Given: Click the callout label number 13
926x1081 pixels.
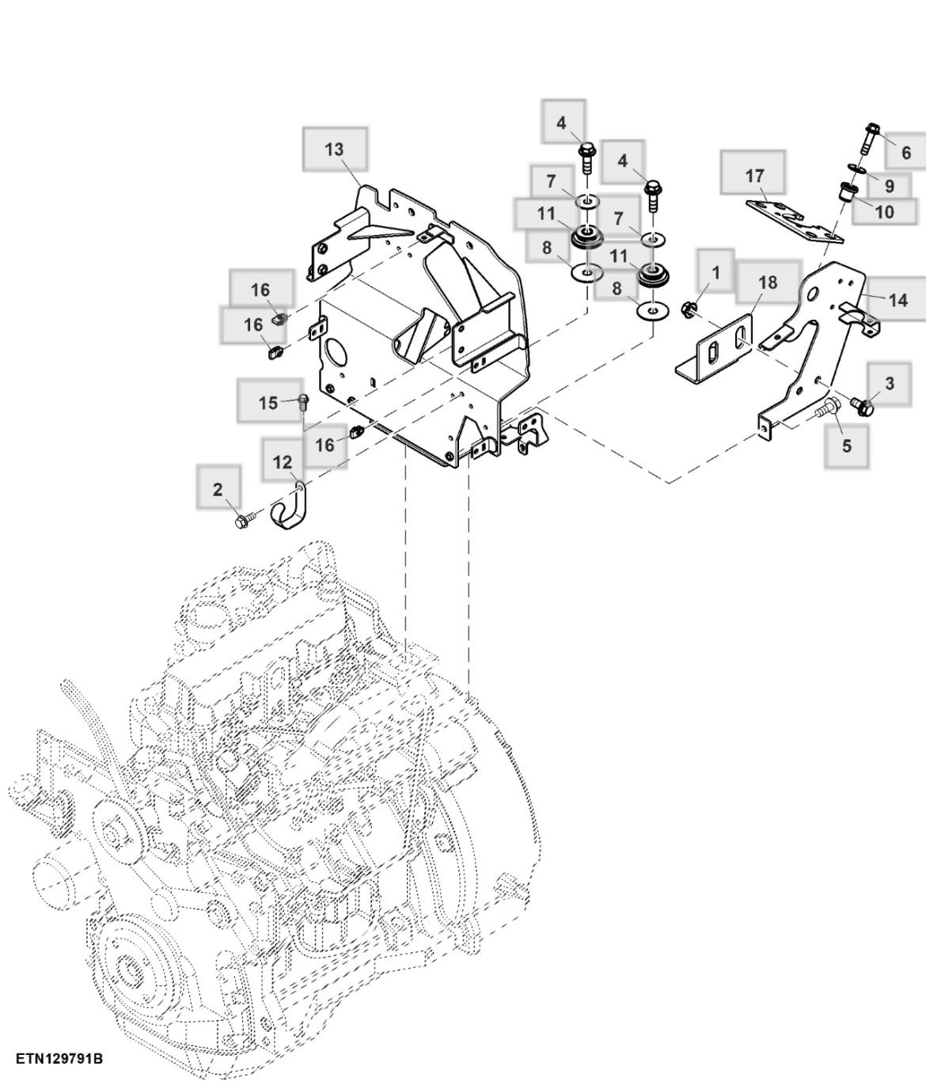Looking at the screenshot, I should pos(334,149).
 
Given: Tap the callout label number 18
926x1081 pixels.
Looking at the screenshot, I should pos(767,283).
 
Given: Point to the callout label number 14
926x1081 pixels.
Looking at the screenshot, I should pos(898,300).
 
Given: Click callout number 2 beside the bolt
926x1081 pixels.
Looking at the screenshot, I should pos(218,490).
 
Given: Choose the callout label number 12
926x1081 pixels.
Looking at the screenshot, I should pos(283,462).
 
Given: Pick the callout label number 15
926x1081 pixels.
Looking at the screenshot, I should pos(268,402).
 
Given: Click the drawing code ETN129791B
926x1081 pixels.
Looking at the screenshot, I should pos(59,1058).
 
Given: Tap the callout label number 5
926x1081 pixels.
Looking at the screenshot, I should pos(846,446).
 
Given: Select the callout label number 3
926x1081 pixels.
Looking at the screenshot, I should pos(889,384).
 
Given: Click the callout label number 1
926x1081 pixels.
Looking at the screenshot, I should pos(715,273).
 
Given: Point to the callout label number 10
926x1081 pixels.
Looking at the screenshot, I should pos(884,211).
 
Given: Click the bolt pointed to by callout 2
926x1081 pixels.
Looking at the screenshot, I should pos(243,521).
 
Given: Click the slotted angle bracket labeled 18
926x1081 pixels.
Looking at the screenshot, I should pos(716,349).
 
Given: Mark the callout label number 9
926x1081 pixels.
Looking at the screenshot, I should pos(889,186).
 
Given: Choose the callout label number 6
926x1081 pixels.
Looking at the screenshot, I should pos(906,152).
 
